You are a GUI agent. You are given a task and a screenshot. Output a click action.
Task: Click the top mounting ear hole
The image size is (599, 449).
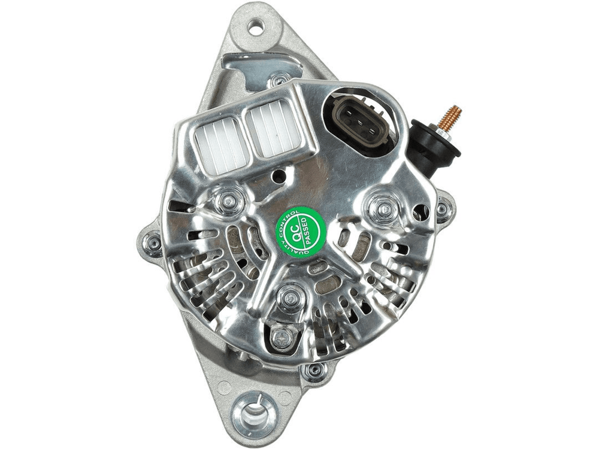[x=256, y=28]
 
